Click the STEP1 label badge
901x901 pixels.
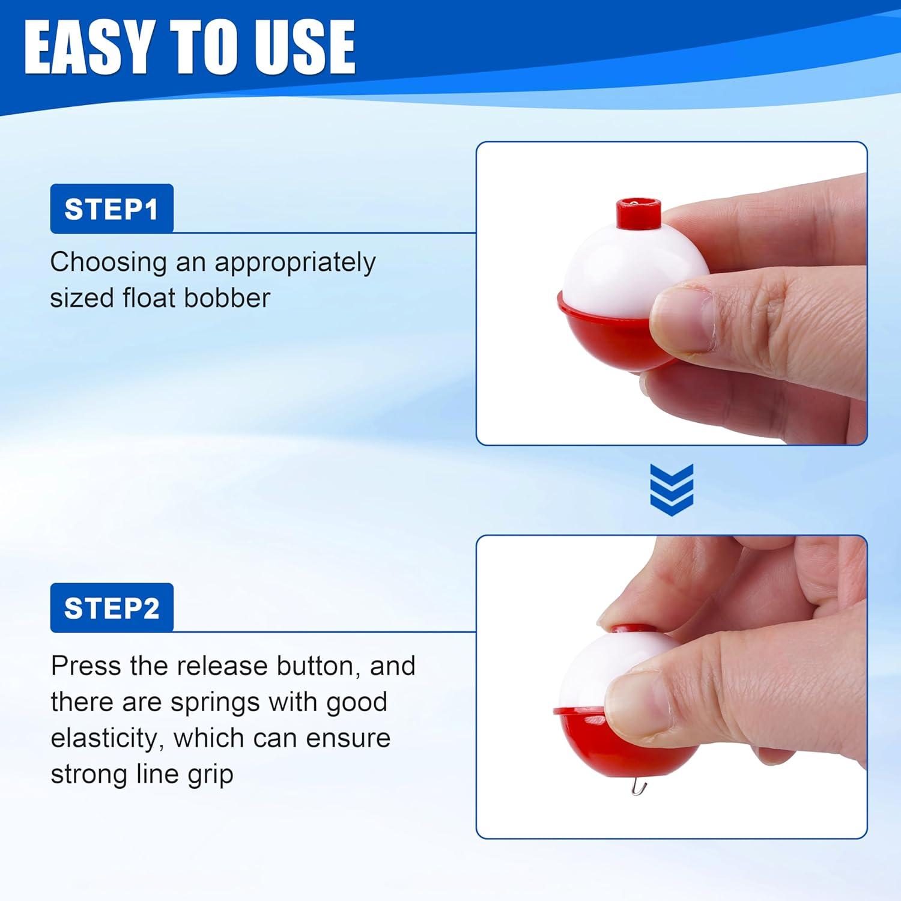pyautogui.click(x=112, y=208)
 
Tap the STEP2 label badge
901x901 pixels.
pyautogui.click(x=112, y=607)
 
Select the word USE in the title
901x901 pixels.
pyautogui.click(x=305, y=47)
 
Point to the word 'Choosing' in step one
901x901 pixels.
pyautogui.click(x=109, y=263)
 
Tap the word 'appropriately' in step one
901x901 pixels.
pyautogui.click(x=295, y=263)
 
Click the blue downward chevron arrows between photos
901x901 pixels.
pyautogui.click(x=672, y=490)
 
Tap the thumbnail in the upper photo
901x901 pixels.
pyautogui.click(x=682, y=318)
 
